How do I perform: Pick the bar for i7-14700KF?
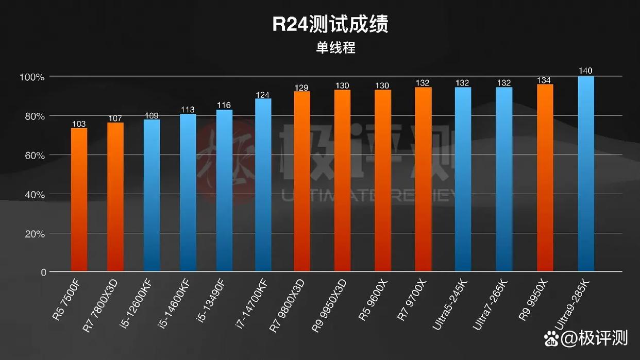tap(263, 185)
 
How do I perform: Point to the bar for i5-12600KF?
tap(151, 195)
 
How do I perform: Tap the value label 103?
tap(79, 124)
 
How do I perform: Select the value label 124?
tap(263, 94)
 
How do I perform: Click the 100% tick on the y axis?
tap(32, 77)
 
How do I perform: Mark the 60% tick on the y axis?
tap(32, 156)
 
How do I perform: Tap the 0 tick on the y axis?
tap(43, 272)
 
